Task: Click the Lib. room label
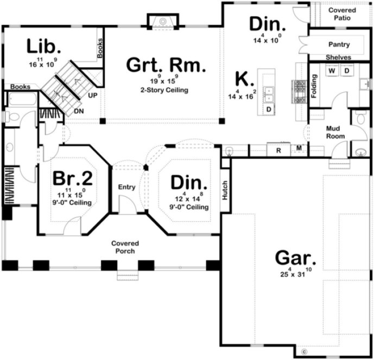click(41, 47)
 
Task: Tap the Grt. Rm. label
click(166, 66)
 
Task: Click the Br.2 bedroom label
click(73, 179)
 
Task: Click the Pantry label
click(339, 44)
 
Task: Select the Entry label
click(126, 187)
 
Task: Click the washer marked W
click(331, 71)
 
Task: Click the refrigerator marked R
click(278, 151)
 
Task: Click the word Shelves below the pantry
click(338, 57)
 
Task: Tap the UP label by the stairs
click(92, 95)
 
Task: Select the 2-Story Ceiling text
click(166, 90)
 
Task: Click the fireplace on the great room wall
click(161, 21)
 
